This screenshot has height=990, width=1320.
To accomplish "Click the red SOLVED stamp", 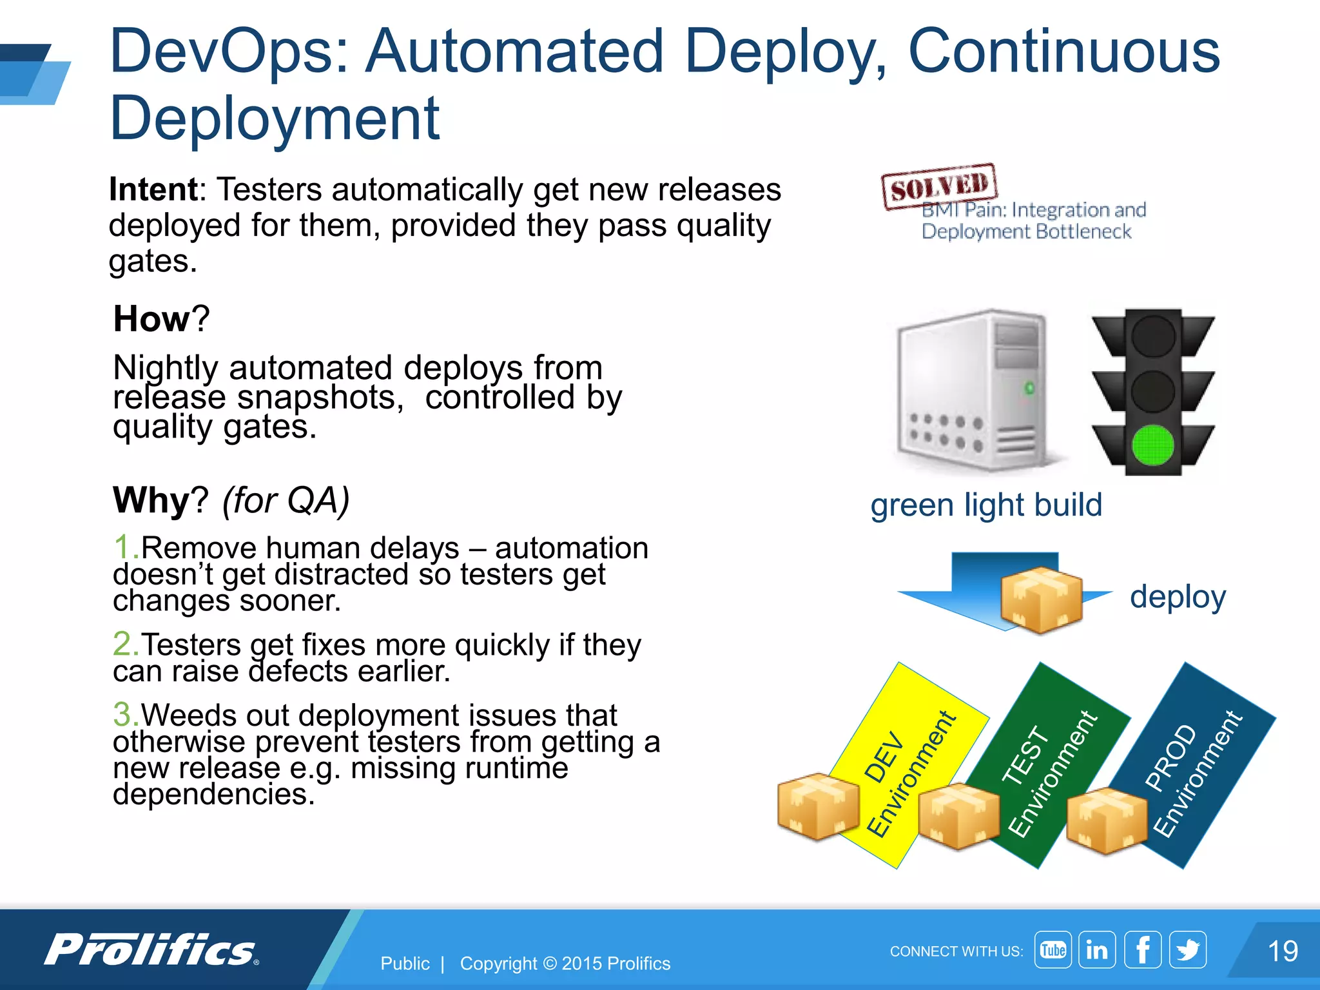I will pos(939,186).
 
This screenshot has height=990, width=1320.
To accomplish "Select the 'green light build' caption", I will pos(986,505).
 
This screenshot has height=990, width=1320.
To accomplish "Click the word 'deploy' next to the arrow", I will pos(1178,597).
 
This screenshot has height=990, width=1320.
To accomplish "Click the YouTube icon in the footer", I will pos(1053,949).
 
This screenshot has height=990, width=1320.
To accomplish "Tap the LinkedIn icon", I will pos(1097,949).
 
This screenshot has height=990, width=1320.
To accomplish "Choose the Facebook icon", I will pos(1142,949).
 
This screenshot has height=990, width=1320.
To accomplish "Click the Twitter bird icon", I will pos(1187,949).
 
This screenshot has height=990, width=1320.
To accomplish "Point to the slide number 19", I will pos(1282,951).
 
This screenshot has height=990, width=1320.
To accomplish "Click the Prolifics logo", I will pos(151,949).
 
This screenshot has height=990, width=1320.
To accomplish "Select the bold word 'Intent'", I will pos(153,189).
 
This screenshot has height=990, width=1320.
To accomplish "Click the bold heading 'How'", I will pos(152,318).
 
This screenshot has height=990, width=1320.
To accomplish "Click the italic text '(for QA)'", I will pos(286,500).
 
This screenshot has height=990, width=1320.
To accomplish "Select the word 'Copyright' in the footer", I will pos(498,964).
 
